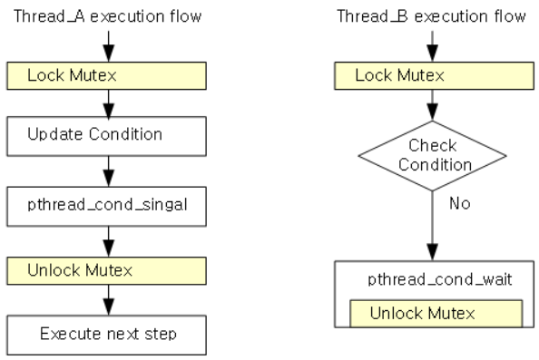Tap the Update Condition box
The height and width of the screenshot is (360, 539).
point(106,135)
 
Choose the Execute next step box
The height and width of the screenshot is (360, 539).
point(106,333)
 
